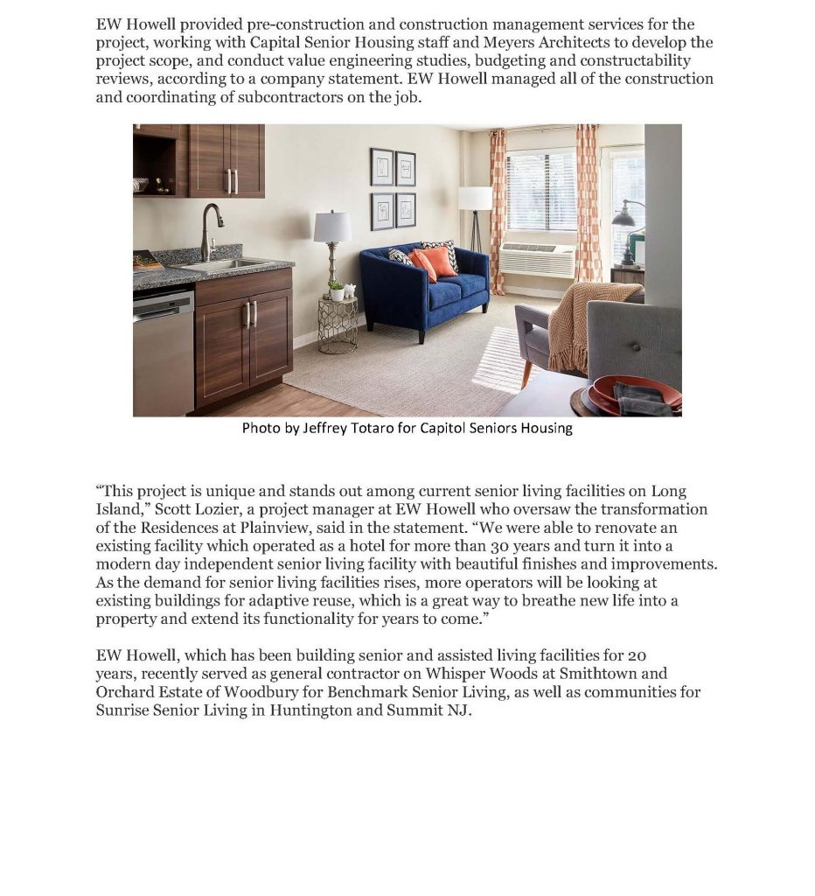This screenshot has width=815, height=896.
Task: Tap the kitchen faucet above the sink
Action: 209,229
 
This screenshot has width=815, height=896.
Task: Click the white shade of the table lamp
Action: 332,227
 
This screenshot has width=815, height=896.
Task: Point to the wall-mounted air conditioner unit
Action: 536,260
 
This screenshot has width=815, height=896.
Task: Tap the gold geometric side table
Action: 337,325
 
